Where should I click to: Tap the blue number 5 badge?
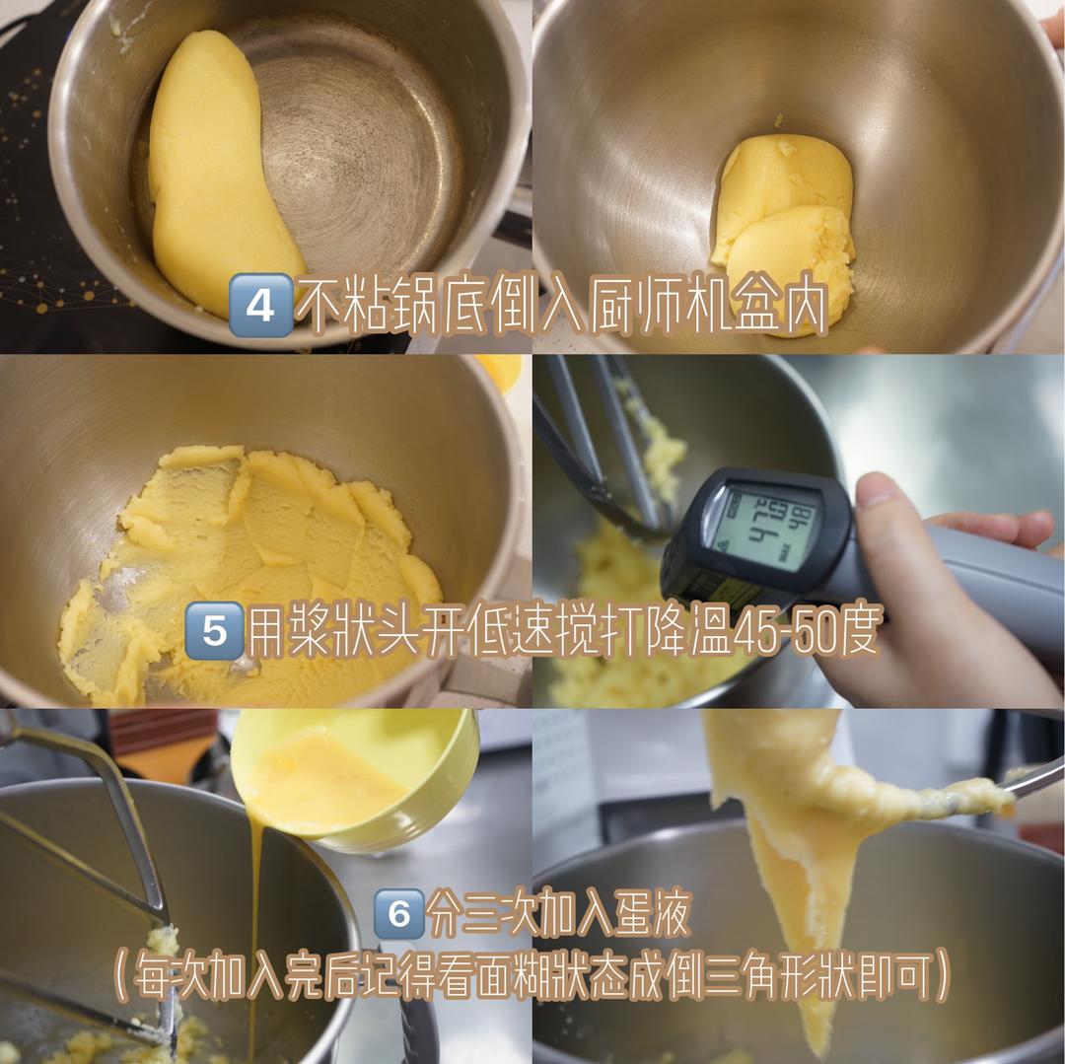tap(214, 630)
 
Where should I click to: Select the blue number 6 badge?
tap(398, 914)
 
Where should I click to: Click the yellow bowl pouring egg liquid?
tap(355, 779)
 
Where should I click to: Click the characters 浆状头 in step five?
tap(326, 632)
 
